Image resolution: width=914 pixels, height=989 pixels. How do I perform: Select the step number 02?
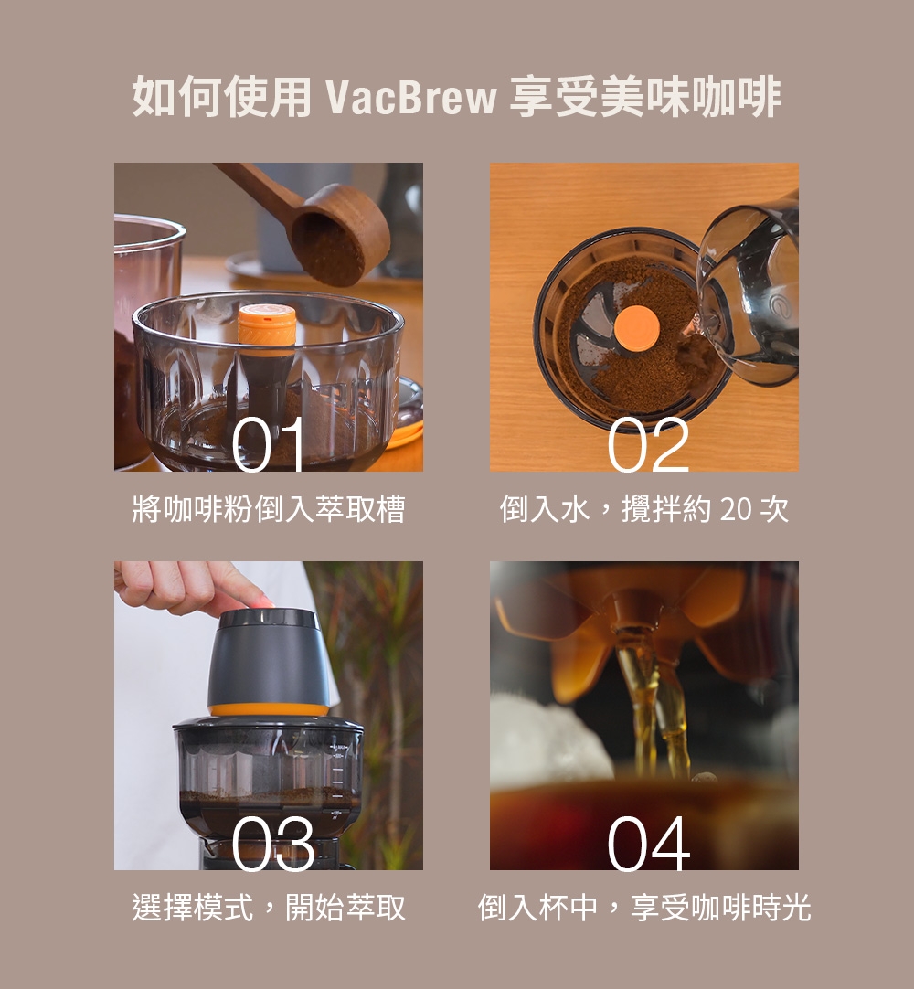coord(648,444)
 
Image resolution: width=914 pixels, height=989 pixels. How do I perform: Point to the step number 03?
coord(271,843)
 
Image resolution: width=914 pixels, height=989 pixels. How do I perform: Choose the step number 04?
coord(648,843)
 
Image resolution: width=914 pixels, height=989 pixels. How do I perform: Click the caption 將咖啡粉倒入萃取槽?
coord(268,509)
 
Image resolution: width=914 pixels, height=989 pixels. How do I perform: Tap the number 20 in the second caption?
coord(734,510)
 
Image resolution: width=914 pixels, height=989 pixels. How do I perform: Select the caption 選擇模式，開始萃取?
coord(268,908)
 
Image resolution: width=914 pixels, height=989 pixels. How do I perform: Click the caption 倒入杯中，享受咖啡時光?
coord(644,908)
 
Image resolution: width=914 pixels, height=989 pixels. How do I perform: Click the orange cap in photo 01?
coord(267,325)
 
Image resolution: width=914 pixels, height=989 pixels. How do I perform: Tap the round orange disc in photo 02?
coord(637,329)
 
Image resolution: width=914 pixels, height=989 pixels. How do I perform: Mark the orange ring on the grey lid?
coord(269,709)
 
